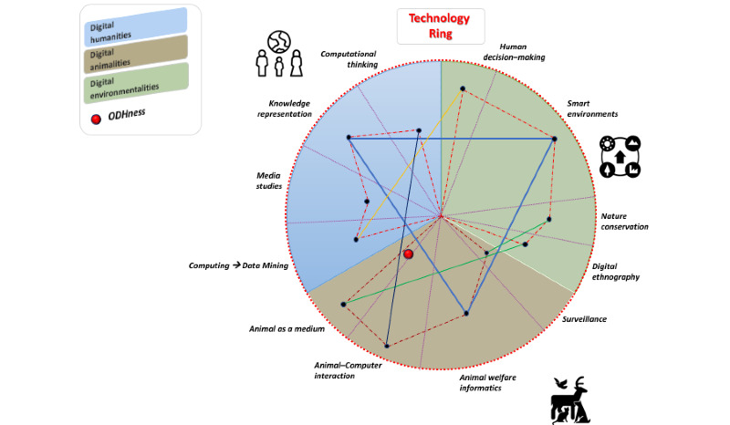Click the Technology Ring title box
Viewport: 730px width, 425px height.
click(x=440, y=25)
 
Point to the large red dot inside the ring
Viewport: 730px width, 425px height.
click(x=408, y=254)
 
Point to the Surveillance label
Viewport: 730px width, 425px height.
click(x=584, y=319)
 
